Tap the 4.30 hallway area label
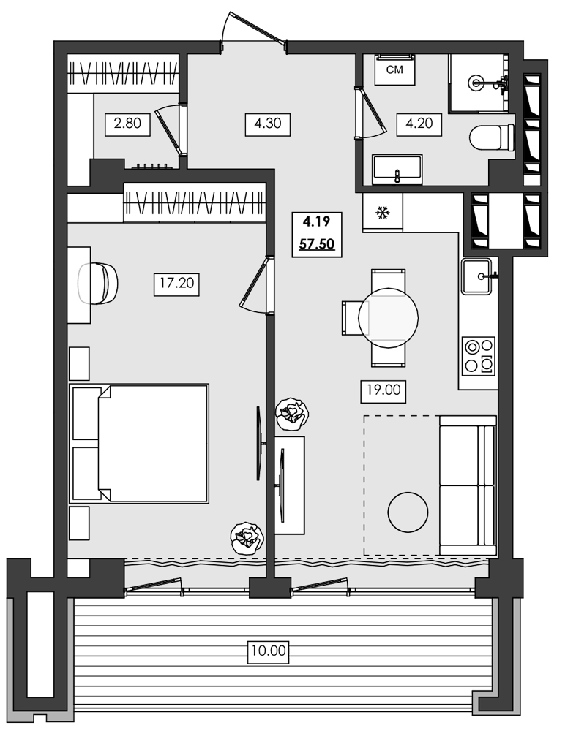pos(268,124)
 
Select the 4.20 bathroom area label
pos(419,124)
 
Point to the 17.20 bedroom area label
pos(176,283)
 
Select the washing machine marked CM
pos(394,70)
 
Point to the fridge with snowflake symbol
pos(381,213)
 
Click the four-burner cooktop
pos(479,356)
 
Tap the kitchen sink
pos(479,276)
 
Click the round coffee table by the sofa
pos(407,512)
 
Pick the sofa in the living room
pos(467,485)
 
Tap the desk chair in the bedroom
pos(98,283)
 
